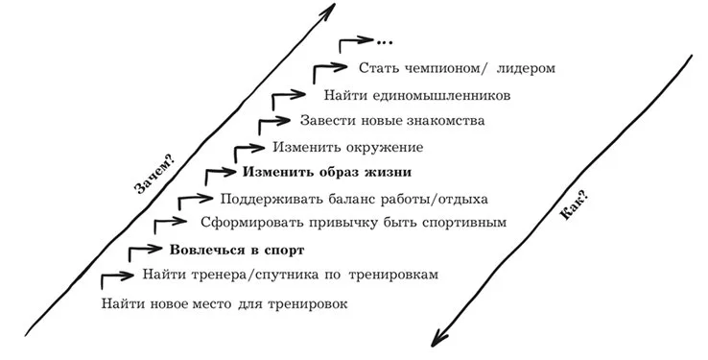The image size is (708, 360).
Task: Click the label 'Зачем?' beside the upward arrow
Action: coord(154,175)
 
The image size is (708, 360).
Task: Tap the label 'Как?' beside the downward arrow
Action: coord(574,205)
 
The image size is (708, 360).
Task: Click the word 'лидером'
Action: coord(526,68)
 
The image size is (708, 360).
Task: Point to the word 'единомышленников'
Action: coord(442,96)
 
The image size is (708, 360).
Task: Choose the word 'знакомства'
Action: coord(446,121)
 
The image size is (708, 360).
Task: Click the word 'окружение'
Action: coord(385,148)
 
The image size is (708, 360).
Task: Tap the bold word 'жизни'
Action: coord(390,172)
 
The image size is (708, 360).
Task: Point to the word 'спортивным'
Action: coord(464,223)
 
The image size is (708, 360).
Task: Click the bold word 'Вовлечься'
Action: coord(203,251)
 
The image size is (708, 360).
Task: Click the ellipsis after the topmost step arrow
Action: coord(385,42)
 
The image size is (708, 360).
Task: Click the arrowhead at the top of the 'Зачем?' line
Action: coord(327,11)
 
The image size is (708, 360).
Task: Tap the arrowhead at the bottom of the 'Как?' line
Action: coord(438,338)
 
